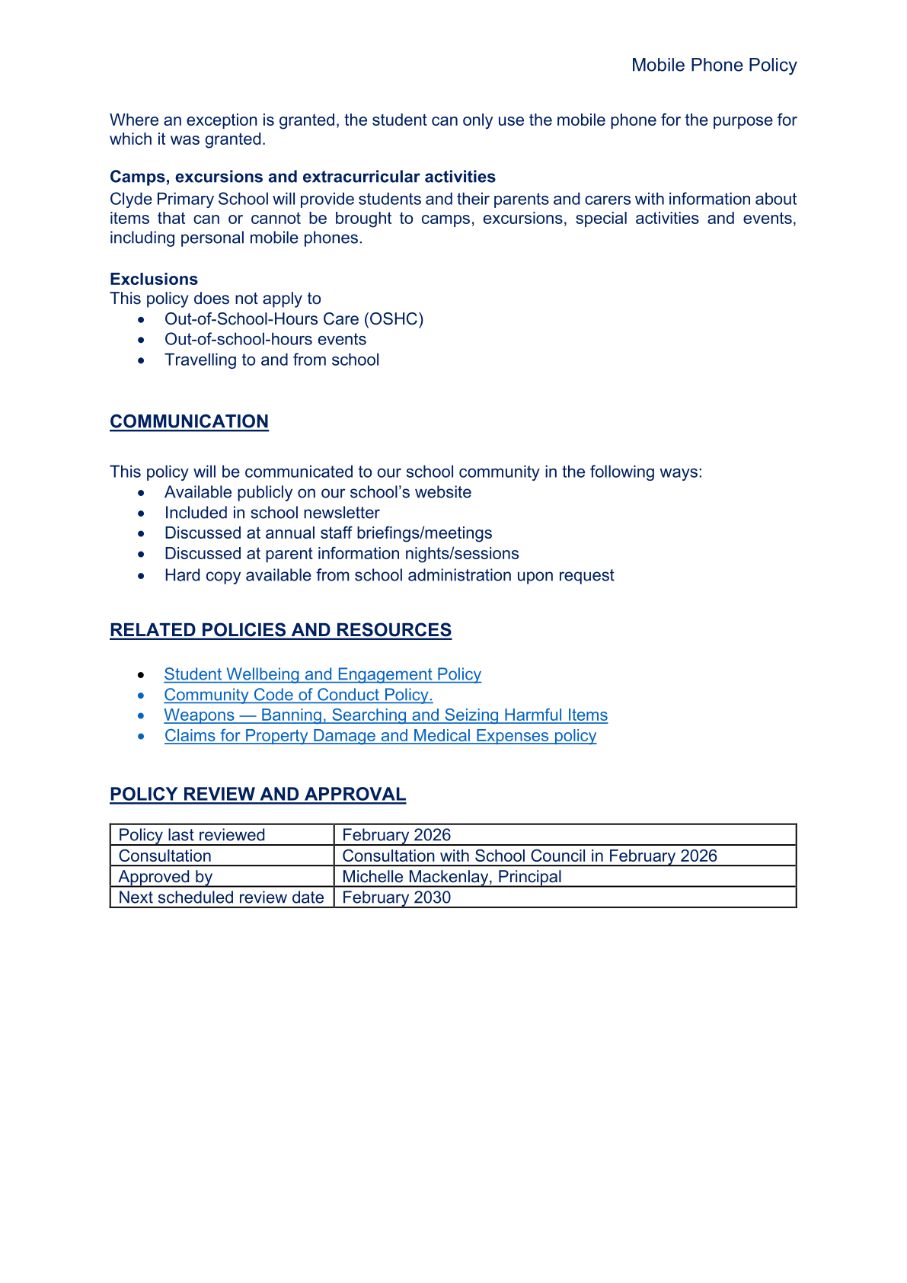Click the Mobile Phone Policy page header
714,66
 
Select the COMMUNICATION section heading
189,422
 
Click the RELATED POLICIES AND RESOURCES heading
280,631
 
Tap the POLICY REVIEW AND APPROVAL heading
257,795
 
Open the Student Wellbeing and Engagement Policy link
322,674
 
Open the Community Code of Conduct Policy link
298,695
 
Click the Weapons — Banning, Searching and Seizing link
385,715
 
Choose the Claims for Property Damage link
380,736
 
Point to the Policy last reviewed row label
192,835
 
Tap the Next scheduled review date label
221,897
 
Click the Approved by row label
165,877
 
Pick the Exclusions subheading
154,279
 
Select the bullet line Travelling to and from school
271,360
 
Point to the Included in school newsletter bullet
271,514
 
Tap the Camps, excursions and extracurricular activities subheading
302,177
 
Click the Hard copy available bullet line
388,575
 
